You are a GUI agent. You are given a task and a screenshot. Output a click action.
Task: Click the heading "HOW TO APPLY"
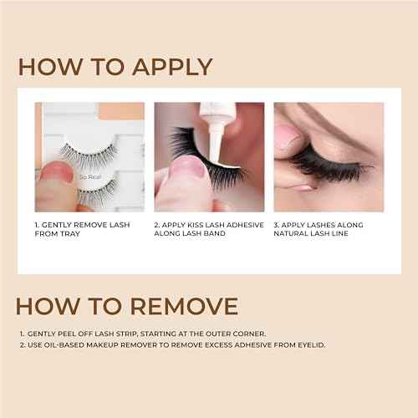[115, 67]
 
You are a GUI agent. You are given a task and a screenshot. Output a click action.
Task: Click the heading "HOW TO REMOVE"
[127, 306]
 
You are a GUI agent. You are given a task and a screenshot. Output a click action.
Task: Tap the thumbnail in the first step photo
[54, 174]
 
